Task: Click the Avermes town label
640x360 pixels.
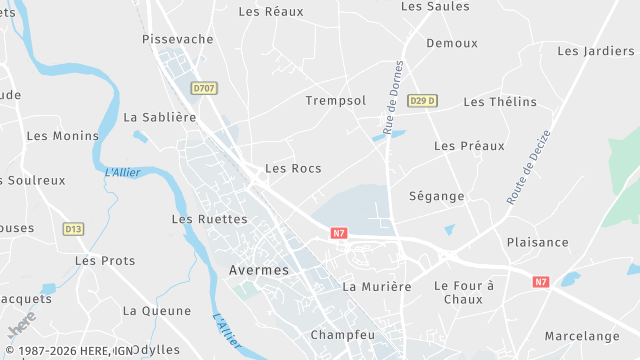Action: (258, 270)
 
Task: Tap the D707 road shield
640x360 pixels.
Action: (204, 88)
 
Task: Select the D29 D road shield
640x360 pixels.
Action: (423, 100)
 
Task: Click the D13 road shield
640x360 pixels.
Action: (73, 229)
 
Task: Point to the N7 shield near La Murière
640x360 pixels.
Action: (339, 233)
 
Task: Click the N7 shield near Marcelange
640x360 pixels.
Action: (541, 282)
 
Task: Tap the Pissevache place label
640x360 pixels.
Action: (178, 39)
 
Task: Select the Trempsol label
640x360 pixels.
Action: (335, 101)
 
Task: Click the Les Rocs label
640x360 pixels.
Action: (293, 169)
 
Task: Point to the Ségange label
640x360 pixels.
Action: (437, 197)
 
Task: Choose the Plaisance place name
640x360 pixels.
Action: (537, 243)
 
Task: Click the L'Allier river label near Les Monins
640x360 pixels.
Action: (121, 172)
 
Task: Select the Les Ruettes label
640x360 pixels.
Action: (209, 219)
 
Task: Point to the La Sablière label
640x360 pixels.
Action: (159, 117)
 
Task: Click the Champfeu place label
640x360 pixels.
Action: (342, 335)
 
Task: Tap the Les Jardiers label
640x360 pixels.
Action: (595, 51)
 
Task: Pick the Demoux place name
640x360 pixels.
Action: (452, 44)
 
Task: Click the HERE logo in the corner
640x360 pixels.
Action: (20, 327)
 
